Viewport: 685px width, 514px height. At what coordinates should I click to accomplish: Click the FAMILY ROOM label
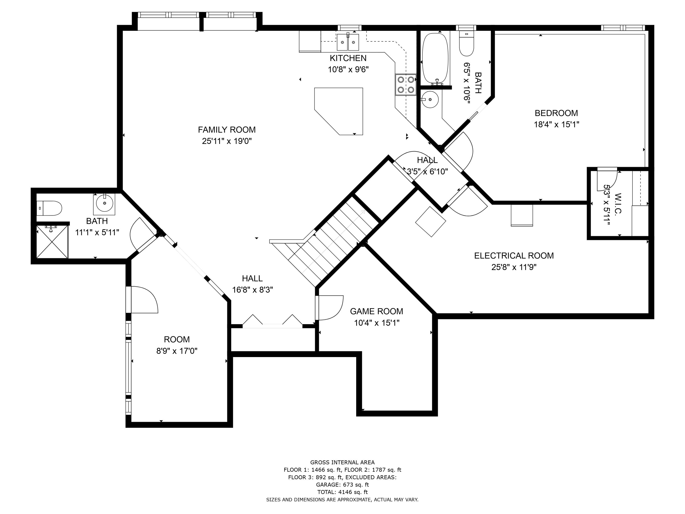227,130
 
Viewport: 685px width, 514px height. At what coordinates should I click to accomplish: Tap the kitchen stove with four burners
406,85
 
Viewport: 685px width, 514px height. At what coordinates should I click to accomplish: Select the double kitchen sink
348,42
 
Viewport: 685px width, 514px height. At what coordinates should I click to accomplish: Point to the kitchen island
338,111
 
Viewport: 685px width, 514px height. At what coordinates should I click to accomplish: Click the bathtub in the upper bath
435,59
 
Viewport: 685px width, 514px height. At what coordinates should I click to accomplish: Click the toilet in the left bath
49,208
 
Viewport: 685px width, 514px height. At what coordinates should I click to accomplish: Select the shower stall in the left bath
52,242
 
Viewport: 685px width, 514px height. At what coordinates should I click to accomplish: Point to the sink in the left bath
104,203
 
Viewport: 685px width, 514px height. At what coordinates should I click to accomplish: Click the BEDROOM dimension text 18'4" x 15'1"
556,125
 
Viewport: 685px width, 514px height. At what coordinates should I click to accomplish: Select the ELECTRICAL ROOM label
514,256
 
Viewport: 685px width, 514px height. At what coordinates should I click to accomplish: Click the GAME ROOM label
377,311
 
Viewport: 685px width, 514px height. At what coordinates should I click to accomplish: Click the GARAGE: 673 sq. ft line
342,485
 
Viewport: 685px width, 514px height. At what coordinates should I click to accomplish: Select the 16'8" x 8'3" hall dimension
252,290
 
